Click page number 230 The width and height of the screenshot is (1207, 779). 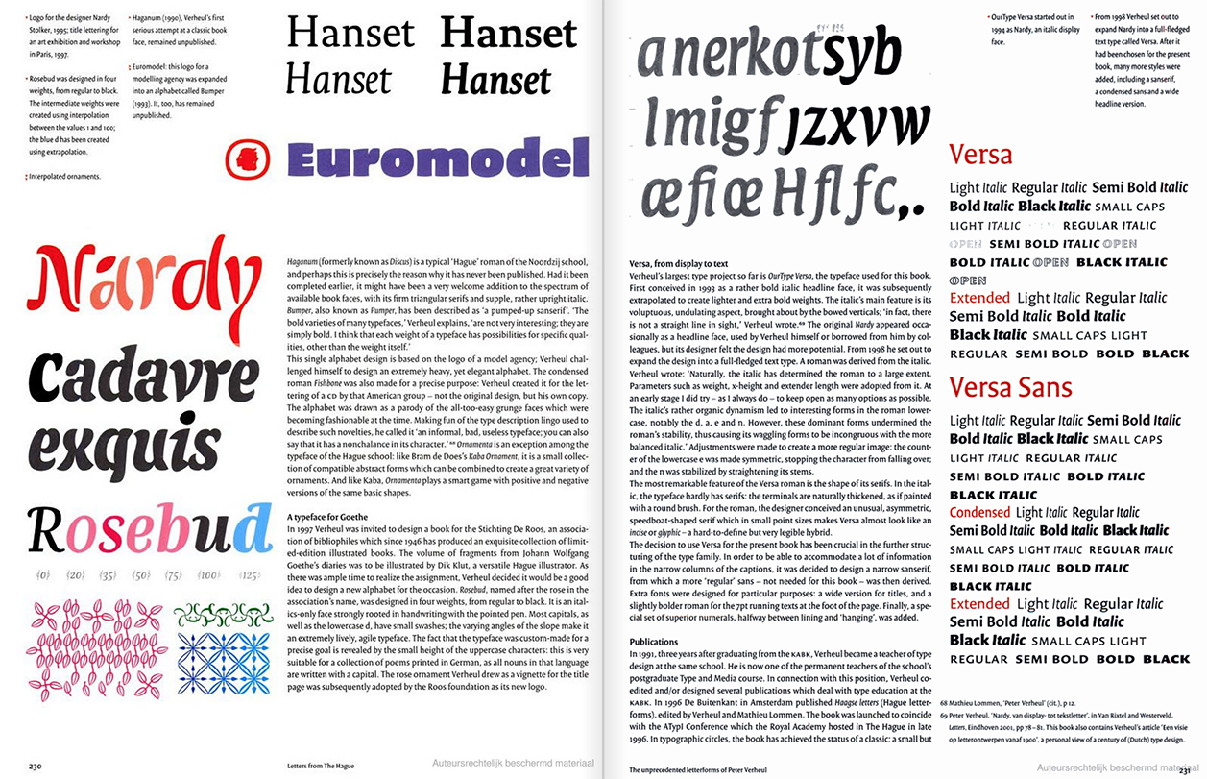click(35, 766)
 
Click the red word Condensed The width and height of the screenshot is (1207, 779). click(979, 512)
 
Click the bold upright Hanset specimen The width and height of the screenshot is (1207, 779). click(509, 35)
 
